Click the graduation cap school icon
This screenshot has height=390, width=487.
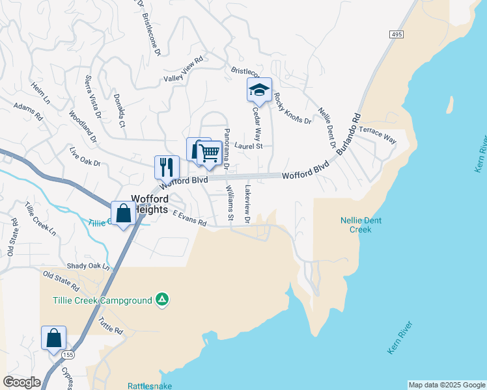pyautogui.click(x=259, y=90)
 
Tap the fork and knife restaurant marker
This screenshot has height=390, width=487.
pyautogui.click(x=167, y=166)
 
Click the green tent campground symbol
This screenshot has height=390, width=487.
pyautogui.click(x=162, y=300)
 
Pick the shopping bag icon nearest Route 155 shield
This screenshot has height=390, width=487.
pyautogui.click(x=53, y=338)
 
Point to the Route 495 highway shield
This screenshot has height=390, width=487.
pyautogui.click(x=396, y=34)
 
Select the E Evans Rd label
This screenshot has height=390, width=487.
pyautogui.click(x=189, y=218)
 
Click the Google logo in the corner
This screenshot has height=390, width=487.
pyautogui.click(x=21, y=382)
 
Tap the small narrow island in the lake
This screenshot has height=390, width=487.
pyautogui.click(x=449, y=104)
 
